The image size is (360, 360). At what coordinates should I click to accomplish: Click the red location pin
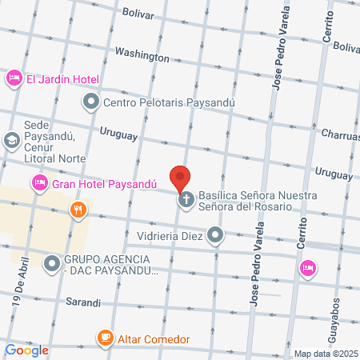[181, 177]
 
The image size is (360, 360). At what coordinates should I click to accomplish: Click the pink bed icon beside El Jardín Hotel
[14, 78]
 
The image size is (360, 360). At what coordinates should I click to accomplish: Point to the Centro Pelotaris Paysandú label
[152, 102]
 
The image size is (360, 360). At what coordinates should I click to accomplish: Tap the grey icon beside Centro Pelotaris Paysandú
[90, 102]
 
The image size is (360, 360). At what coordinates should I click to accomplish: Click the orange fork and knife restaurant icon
[78, 210]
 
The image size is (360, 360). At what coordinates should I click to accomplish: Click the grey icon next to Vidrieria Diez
[215, 235]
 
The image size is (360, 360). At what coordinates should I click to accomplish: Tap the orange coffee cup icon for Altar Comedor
[104, 339]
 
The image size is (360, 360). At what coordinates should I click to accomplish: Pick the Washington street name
[142, 55]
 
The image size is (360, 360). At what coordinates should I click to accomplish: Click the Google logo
[27, 350]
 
